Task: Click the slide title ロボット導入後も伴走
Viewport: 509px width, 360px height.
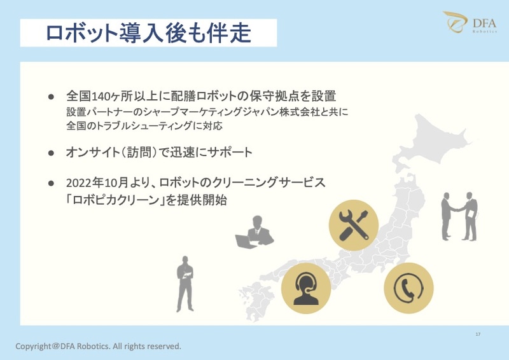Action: click(148, 33)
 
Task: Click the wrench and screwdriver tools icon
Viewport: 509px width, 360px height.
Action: click(353, 225)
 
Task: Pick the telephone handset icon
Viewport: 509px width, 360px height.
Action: click(408, 288)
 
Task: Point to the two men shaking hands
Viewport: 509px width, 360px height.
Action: click(459, 216)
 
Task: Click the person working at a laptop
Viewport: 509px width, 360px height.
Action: click(255, 232)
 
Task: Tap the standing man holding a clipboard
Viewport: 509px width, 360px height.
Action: click(185, 283)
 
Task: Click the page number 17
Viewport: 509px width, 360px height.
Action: click(478, 335)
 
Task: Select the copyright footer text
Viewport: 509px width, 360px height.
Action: click(99, 347)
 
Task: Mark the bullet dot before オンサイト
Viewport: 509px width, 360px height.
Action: click(52, 153)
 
